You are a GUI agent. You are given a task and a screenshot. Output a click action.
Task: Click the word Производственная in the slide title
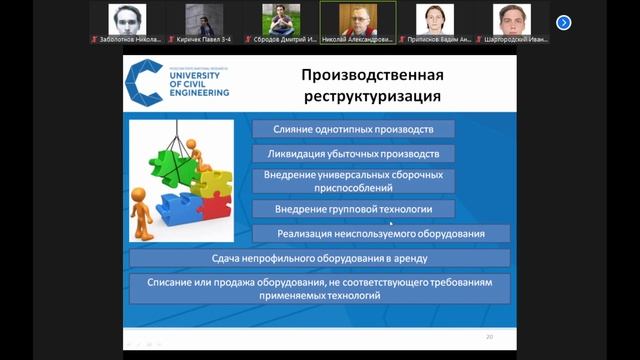point(373,75)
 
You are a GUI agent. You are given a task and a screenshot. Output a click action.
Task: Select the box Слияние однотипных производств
point(353,128)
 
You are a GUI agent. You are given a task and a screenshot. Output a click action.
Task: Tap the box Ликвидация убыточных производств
point(353,154)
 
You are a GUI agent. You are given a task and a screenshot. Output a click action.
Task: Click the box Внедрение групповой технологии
point(353,208)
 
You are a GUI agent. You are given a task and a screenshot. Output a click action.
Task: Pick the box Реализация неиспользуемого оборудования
point(381,233)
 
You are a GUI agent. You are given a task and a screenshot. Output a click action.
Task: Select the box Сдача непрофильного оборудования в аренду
point(320,258)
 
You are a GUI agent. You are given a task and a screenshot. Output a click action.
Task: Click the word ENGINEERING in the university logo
point(198,92)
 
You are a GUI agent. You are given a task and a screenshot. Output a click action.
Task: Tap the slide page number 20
point(489,336)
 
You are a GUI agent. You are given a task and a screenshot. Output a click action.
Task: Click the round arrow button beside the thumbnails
point(563,22)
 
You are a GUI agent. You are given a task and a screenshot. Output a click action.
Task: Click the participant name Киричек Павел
point(204,39)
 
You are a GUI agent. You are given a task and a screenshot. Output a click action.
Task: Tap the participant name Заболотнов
point(125,39)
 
